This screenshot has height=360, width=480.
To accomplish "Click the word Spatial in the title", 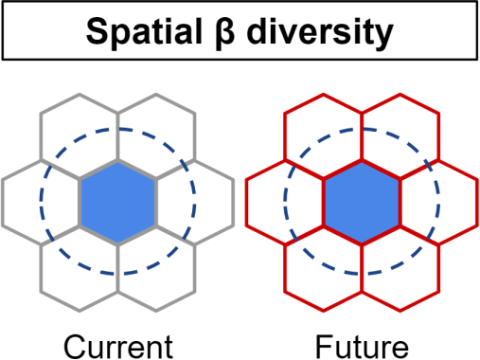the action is (x=144, y=32).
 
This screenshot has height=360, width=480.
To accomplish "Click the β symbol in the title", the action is (x=224, y=33).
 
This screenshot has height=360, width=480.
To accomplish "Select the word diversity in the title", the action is (x=320, y=33).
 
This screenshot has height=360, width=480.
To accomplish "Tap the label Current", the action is (x=118, y=347).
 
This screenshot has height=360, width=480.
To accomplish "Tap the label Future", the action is (x=362, y=347).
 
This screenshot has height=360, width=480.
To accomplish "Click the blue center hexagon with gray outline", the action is (x=117, y=203).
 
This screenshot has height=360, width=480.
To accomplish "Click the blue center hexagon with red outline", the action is (x=362, y=203).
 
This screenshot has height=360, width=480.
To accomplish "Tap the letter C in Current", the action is (x=75, y=347).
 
